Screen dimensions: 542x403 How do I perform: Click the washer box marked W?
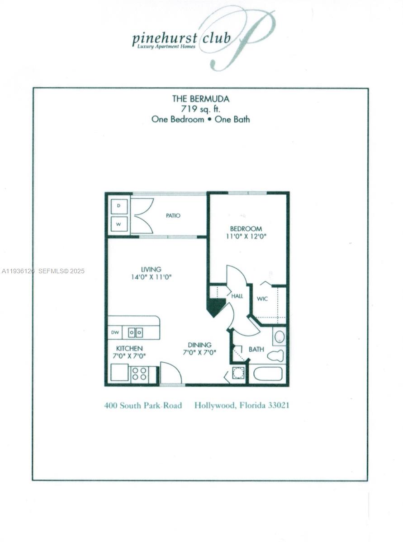coord(119,224)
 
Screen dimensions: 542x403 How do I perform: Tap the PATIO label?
coord(173,215)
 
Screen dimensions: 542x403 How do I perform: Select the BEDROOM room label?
coord(246,229)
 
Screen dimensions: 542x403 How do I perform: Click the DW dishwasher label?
coord(115,332)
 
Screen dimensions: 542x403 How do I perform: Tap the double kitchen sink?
coord(135,332)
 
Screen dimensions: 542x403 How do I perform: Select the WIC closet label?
coord(262,299)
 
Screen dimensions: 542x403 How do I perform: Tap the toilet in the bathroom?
coord(275,355)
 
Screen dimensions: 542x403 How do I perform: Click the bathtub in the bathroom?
coord(268,374)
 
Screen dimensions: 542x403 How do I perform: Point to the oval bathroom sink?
coord(280,336)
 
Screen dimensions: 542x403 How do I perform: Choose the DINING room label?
coord(199,345)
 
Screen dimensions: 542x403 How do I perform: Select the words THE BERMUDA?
coord(200,98)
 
